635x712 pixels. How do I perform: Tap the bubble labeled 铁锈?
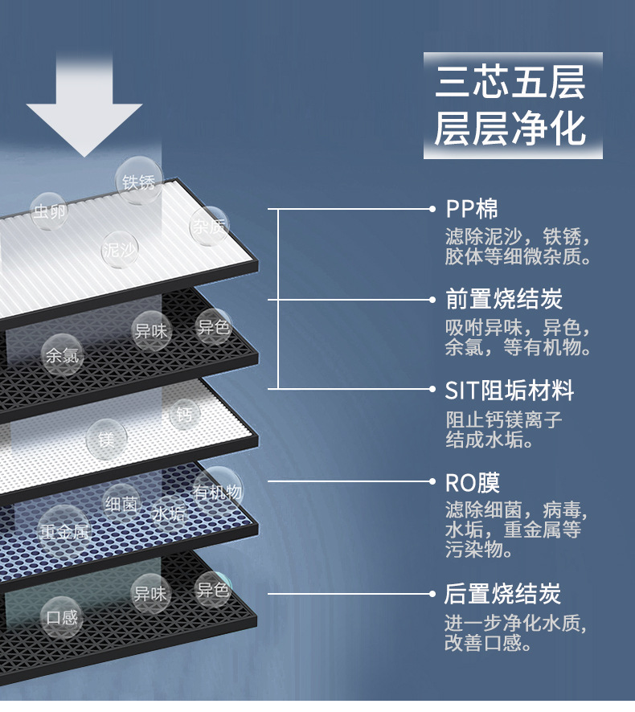[x=138, y=181]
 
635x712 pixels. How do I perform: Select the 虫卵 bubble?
[x=50, y=211]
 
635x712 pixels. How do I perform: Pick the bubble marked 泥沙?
[x=120, y=249]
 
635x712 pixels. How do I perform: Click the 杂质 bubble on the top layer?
[x=210, y=226]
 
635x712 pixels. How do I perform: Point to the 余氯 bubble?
[x=62, y=355]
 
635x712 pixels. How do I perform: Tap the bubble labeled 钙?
[x=184, y=414]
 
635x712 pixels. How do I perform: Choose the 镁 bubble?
[x=106, y=439]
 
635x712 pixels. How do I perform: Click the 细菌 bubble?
[x=121, y=504]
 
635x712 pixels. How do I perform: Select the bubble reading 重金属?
[x=64, y=531]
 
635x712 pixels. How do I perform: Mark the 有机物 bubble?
[x=218, y=491]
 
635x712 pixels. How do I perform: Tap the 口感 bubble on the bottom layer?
[x=62, y=617]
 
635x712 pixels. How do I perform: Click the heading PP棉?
[x=472, y=209]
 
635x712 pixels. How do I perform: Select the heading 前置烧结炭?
[x=504, y=299]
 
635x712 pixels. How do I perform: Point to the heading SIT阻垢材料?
[x=509, y=390]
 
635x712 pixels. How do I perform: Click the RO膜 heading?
[x=472, y=483]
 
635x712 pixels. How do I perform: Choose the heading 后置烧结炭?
[x=503, y=594]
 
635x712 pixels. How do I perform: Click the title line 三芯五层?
[x=510, y=82]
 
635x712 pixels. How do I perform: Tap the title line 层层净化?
[x=510, y=129]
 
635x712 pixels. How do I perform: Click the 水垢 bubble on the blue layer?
[x=169, y=514]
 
